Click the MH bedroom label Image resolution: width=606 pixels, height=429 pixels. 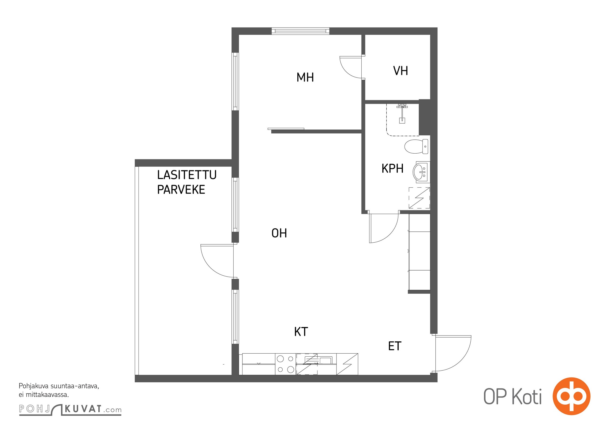click(x=305, y=77)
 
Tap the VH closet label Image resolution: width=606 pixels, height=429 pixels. click(x=401, y=71)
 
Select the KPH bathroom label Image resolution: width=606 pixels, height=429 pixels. click(x=392, y=169)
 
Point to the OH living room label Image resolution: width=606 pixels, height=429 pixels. click(x=279, y=233)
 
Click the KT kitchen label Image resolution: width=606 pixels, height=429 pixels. click(x=301, y=332)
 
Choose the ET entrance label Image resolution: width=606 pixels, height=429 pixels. click(x=395, y=346)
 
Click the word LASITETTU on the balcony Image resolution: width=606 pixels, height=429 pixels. click(x=187, y=175)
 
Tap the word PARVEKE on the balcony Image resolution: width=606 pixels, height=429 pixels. click(x=181, y=190)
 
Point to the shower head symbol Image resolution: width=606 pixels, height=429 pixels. click(x=402, y=113)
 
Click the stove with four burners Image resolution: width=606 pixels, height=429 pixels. click(x=286, y=364)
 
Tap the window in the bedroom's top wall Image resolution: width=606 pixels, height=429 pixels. click(x=300, y=31)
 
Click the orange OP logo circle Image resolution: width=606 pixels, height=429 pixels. click(x=571, y=396)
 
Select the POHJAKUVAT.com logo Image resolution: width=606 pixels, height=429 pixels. click(x=70, y=409)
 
